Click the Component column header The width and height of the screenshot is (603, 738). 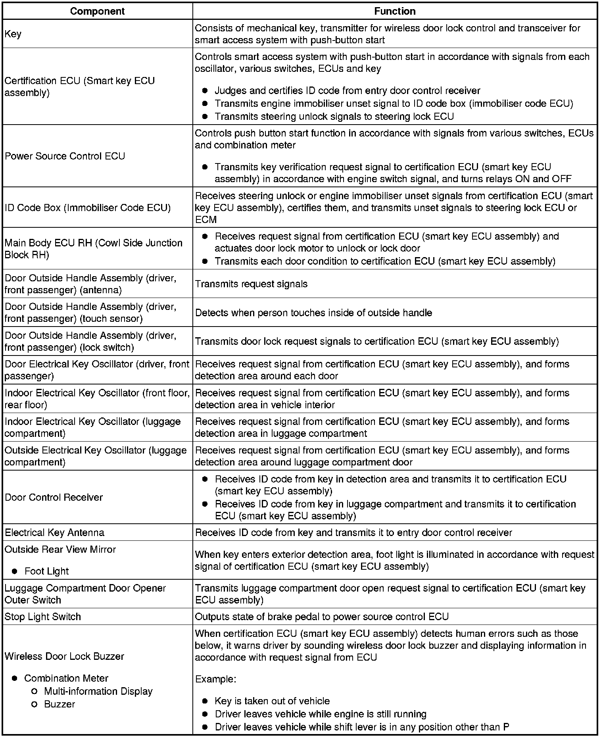pyautogui.click(x=97, y=11)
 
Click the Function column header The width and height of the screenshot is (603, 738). pyautogui.click(x=395, y=11)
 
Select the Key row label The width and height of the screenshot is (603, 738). pyautogui.click(x=13, y=34)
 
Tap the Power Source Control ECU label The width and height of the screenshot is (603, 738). pyautogui.click(x=65, y=156)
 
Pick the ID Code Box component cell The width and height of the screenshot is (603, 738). pyautogui.click(x=88, y=208)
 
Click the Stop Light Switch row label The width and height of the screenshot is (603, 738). pyautogui.click(x=43, y=617)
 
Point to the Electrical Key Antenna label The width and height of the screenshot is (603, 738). pyautogui.click(x=54, y=532)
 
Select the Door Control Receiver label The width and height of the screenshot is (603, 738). pyautogui.click(x=54, y=497)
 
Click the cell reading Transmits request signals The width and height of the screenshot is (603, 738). pyautogui.click(x=252, y=284)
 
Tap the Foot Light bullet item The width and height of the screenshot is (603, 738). pyautogui.click(x=46, y=571)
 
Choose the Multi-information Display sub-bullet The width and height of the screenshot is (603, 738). pyautogui.click(x=98, y=691)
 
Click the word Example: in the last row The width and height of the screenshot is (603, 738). pyautogui.click(x=215, y=679)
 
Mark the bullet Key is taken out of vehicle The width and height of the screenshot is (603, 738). pyautogui.click(x=272, y=701)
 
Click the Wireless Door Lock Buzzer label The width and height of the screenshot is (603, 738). pyautogui.click(x=64, y=656)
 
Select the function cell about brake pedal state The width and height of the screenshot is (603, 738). pyautogui.click(x=322, y=617)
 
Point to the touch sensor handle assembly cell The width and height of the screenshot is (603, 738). pyautogui.click(x=90, y=313)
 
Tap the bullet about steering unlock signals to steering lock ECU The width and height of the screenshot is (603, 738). pyautogui.click(x=334, y=116)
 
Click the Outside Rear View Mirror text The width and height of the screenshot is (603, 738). pyautogui.click(x=60, y=550)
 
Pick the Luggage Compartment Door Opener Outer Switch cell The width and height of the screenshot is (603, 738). pyautogui.click(x=85, y=594)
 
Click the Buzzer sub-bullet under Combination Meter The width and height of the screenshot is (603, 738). pyautogui.click(x=60, y=704)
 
